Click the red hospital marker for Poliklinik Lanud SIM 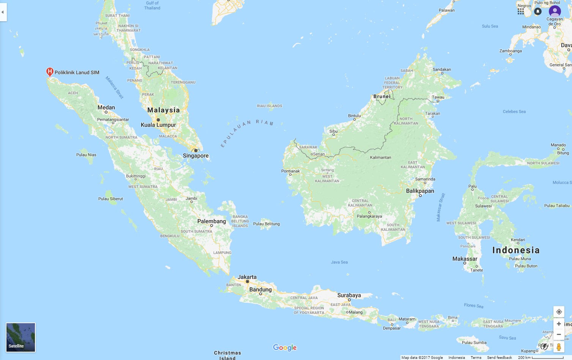(49, 72)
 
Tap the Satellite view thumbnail (20, 337)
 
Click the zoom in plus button (559, 324)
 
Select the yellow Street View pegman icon (559, 347)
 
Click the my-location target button (559, 312)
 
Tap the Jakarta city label (247, 277)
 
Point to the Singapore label (196, 156)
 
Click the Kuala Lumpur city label (158, 125)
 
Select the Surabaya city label (349, 295)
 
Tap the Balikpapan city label (420, 191)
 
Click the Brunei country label (382, 96)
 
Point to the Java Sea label (339, 262)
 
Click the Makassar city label (465, 259)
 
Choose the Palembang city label (211, 221)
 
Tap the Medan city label (106, 107)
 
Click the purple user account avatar (555, 11)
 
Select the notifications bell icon (537, 11)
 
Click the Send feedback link (500, 357)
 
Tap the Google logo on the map (285, 347)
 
